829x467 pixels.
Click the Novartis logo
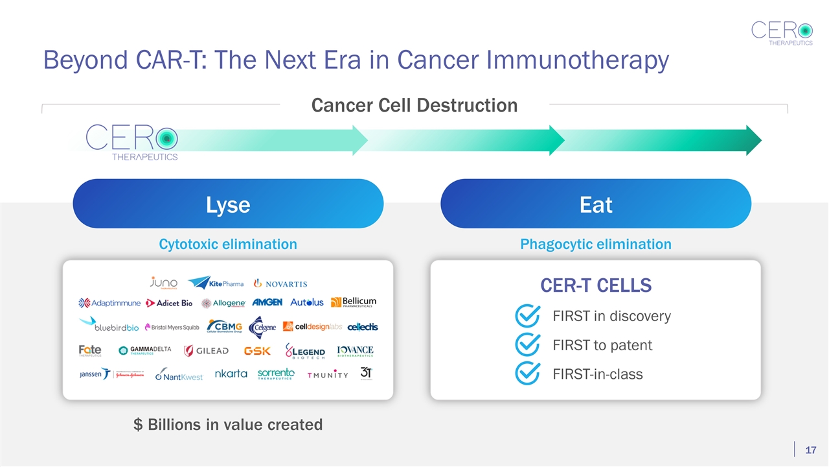(280, 283)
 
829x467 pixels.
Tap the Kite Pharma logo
(216, 283)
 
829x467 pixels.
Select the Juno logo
(163, 283)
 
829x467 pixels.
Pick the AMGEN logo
(267, 302)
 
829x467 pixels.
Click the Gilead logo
(206, 351)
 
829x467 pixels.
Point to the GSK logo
(257, 351)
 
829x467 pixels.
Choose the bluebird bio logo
(109, 325)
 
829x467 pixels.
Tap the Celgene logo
(264, 326)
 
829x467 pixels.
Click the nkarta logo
(231, 374)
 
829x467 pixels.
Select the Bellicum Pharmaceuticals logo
(353, 302)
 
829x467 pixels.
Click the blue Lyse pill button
(228, 204)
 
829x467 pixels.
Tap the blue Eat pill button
(595, 204)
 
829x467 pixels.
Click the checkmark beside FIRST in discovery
(527, 317)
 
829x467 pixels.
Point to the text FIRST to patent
(602, 345)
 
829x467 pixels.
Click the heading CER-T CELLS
(596, 285)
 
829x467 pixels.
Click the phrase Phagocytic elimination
(596, 245)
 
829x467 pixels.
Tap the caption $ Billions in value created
(228, 424)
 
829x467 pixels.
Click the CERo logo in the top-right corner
(782, 33)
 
